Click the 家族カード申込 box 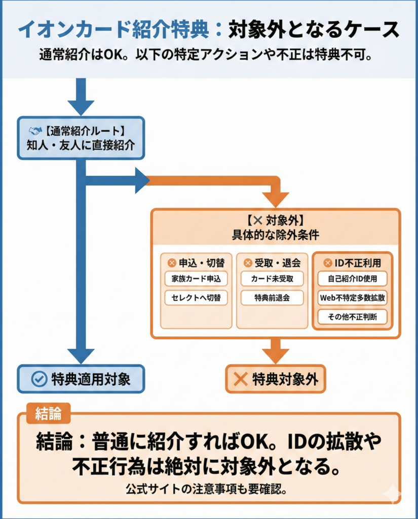(196, 279)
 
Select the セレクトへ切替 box (196, 298)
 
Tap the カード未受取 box (272, 279)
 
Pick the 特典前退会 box (272, 298)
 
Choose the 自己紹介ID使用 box (352, 279)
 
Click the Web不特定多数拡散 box (352, 298)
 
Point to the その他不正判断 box (352, 317)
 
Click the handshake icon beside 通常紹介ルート (35, 131)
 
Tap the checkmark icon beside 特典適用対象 (39, 379)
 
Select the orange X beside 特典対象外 (241, 379)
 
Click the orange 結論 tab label (48, 414)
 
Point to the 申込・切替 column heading (196, 263)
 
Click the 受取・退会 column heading (272, 263)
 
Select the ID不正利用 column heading (352, 263)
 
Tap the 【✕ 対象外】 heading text (275, 221)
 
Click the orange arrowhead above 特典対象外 (275, 355)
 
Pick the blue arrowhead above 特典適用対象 (81, 355)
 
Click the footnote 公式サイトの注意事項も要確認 (209, 490)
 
